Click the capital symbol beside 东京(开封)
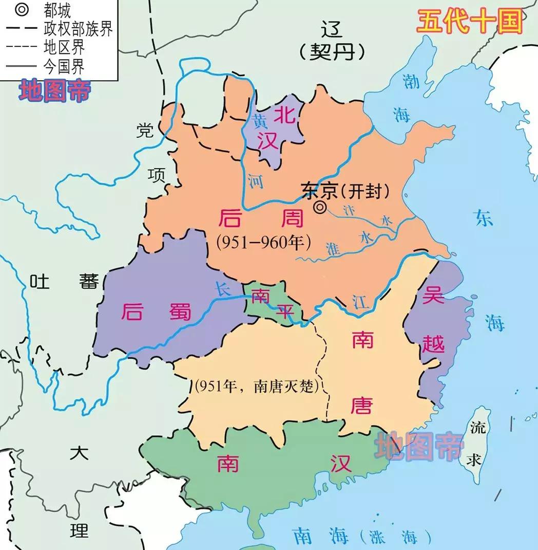click(x=320, y=207)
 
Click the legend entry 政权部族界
click(x=78, y=28)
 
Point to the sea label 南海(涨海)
click(x=354, y=537)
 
